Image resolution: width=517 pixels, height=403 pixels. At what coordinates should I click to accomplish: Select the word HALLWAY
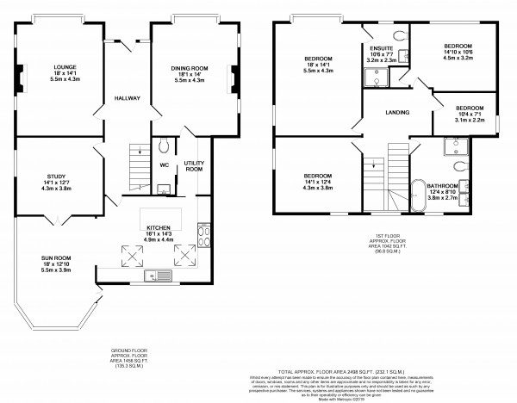[x=128, y=98]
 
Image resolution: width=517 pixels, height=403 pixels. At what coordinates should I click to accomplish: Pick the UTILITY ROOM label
[x=194, y=166]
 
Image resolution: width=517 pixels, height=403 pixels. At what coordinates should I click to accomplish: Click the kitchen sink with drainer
[x=156, y=276]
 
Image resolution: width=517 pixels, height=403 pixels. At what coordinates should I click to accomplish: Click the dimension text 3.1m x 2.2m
[x=469, y=121]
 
